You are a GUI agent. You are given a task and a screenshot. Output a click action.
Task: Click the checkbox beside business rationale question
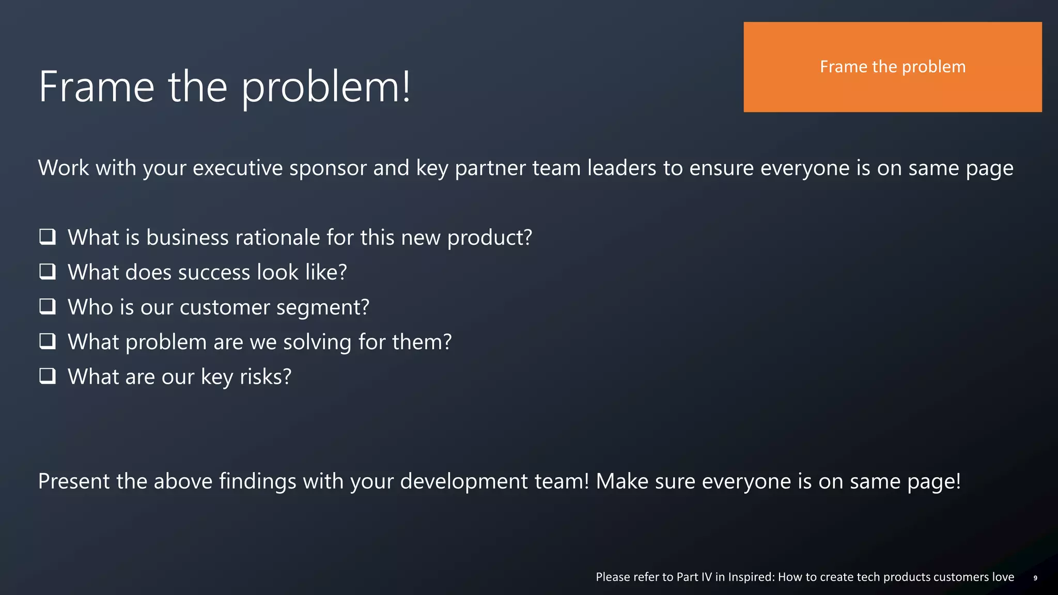pos(48,237)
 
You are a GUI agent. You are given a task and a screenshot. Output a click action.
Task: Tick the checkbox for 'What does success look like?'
pos(48,272)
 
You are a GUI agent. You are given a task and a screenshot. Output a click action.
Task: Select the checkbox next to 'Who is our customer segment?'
pos(48,307)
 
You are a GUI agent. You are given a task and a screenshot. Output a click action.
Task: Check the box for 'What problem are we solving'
pos(48,341)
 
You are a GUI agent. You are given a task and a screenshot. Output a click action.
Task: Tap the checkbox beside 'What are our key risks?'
pos(48,376)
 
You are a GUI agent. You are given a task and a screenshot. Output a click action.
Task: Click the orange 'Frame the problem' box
pos(892,67)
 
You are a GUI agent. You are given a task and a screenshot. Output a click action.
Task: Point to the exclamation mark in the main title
pos(406,87)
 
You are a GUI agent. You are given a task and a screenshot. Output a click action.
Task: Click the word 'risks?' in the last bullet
pos(266,377)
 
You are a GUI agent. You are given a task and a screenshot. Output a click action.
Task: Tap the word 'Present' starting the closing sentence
pos(74,481)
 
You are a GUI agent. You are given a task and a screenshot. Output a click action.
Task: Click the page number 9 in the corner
pos(1035,578)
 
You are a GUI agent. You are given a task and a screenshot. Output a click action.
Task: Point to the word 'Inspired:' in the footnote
pos(751,577)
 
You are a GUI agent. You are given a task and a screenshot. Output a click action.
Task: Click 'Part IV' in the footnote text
pos(694,577)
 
